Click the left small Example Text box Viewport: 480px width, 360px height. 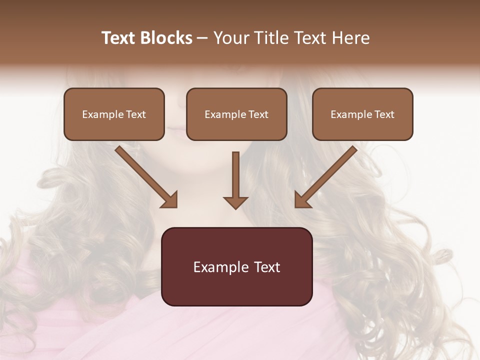click(x=114, y=114)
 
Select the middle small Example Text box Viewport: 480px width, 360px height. click(x=236, y=114)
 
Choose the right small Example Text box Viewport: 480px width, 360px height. click(x=362, y=114)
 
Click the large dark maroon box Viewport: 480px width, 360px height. click(x=236, y=266)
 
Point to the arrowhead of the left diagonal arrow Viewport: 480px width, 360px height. click(x=170, y=200)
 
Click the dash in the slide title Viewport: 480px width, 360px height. click(x=202, y=38)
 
